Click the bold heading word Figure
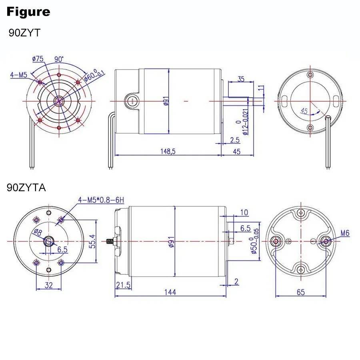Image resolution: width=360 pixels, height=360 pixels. pos(28,12)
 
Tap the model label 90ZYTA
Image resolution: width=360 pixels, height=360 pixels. pos(26,187)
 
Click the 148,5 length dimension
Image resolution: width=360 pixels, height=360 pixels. pos(168,152)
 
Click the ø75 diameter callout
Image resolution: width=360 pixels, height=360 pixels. pos(38,59)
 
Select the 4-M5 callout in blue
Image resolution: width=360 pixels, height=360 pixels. pos(19,74)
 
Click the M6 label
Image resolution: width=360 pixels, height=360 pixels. pos(345,232)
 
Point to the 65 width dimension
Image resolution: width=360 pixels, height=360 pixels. pos(300,292)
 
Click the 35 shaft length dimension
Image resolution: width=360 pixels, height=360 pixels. pos(241,79)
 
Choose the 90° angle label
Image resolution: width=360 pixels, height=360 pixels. pos(59,59)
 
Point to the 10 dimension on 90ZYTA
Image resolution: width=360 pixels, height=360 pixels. pos(244,212)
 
